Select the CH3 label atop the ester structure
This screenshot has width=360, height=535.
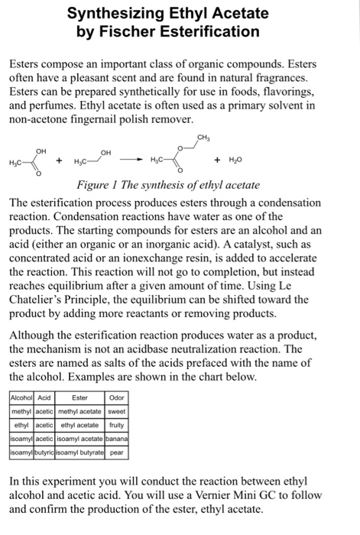click(x=203, y=137)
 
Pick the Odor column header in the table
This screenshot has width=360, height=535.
click(x=116, y=397)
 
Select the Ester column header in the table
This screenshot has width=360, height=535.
click(x=79, y=397)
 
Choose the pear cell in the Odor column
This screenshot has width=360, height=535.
click(x=116, y=452)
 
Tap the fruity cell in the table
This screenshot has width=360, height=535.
click(x=116, y=425)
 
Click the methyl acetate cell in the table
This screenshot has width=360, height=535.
click(x=79, y=411)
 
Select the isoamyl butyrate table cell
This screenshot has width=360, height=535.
click(x=79, y=452)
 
